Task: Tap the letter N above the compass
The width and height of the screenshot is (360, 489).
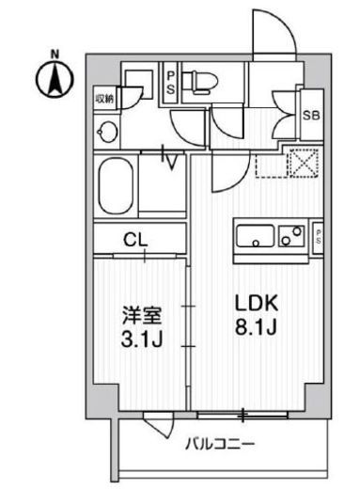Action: tap(55, 53)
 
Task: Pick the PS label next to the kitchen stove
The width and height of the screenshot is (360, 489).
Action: tap(319, 235)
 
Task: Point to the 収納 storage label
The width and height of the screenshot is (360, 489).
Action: tap(104, 97)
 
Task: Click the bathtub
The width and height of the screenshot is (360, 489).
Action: tap(116, 187)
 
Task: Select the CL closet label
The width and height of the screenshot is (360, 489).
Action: tap(137, 239)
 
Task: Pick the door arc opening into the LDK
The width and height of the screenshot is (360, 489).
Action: tap(226, 172)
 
